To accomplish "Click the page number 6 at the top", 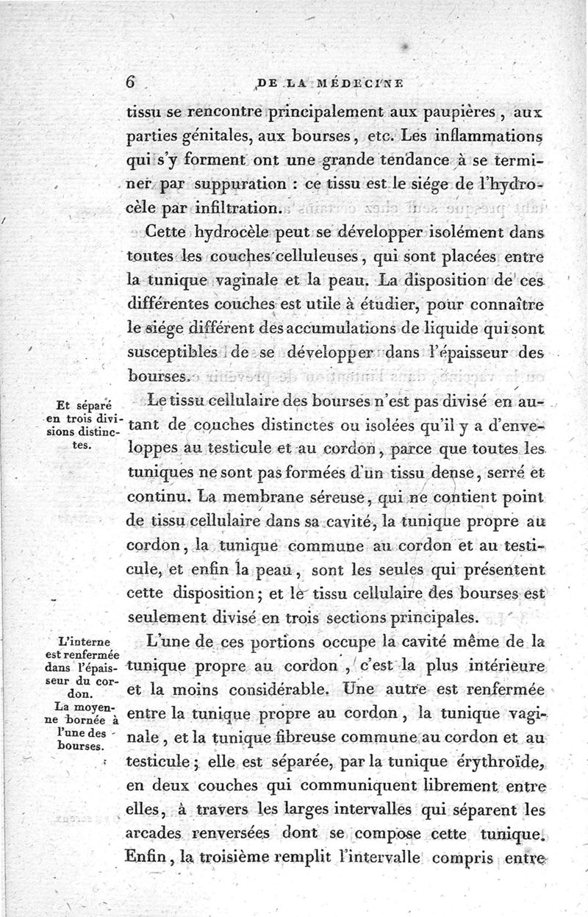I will click(x=131, y=83).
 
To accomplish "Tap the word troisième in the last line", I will click(x=266, y=856).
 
